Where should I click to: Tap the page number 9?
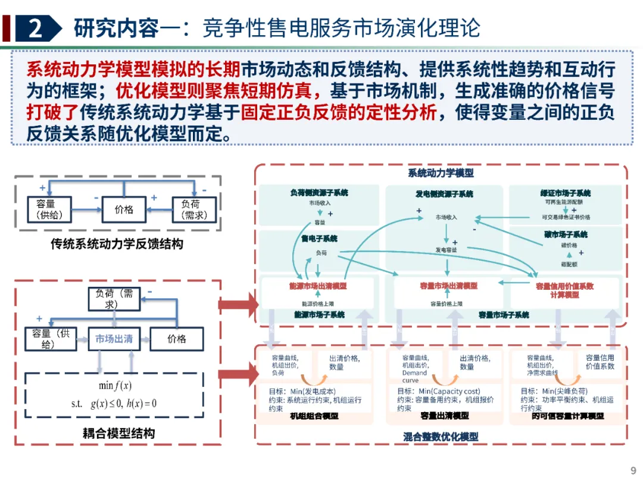click(633, 469)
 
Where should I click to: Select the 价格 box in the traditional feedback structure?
click(124, 209)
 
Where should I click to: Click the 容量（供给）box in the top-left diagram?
click(49, 209)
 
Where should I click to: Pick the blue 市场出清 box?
click(114, 339)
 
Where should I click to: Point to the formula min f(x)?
click(115, 385)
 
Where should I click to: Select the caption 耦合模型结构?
click(118, 434)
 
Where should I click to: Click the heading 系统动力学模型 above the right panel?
click(441, 174)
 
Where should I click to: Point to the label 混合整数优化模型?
click(441, 436)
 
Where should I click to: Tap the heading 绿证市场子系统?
click(565, 193)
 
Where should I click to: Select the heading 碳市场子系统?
click(565, 234)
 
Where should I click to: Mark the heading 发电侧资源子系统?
click(444, 194)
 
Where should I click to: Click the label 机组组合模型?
click(314, 416)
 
